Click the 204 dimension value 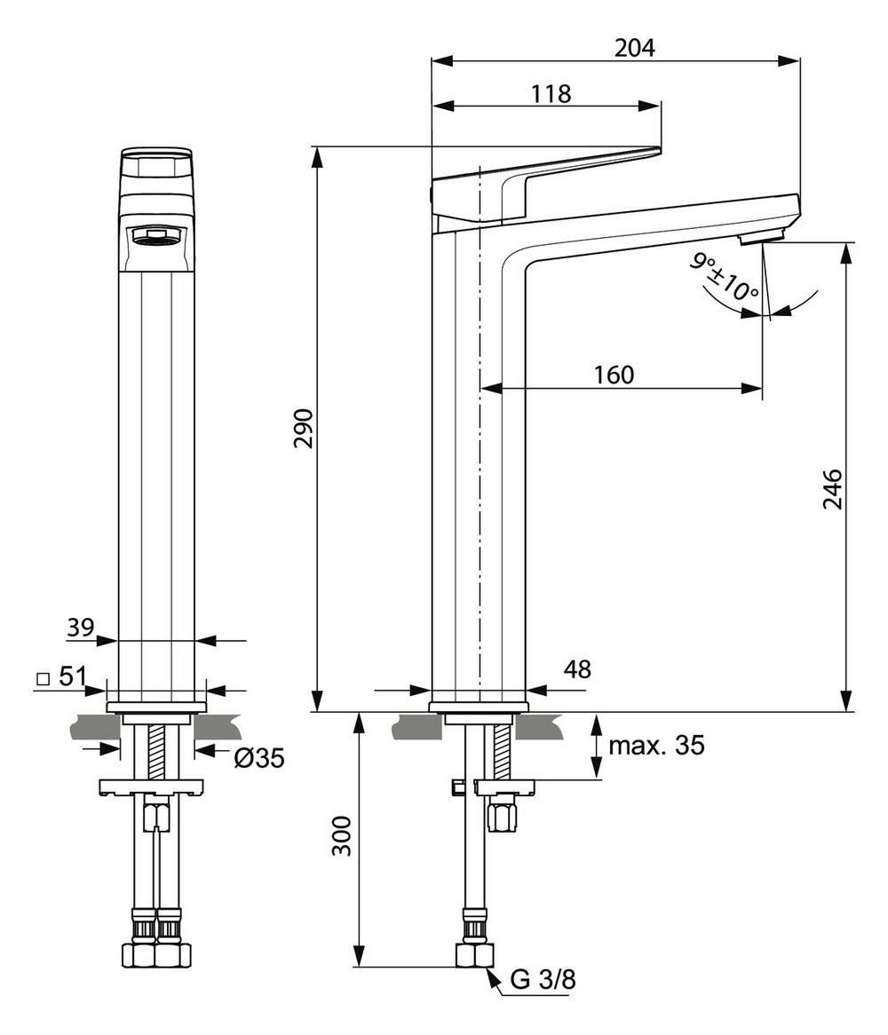pos(635,48)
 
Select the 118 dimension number pos(551,93)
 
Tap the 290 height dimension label pos(304,428)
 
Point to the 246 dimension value pos(833,488)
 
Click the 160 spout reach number pos(614,375)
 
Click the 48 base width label pos(576,668)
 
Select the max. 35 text pos(656,746)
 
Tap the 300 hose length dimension pos(342,836)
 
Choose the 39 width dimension pos(80,628)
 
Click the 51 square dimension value pos(71,676)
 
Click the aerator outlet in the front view pos(156,236)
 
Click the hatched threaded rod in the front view pos(156,751)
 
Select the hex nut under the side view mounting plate pos(503,814)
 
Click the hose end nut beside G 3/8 pos(474,956)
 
